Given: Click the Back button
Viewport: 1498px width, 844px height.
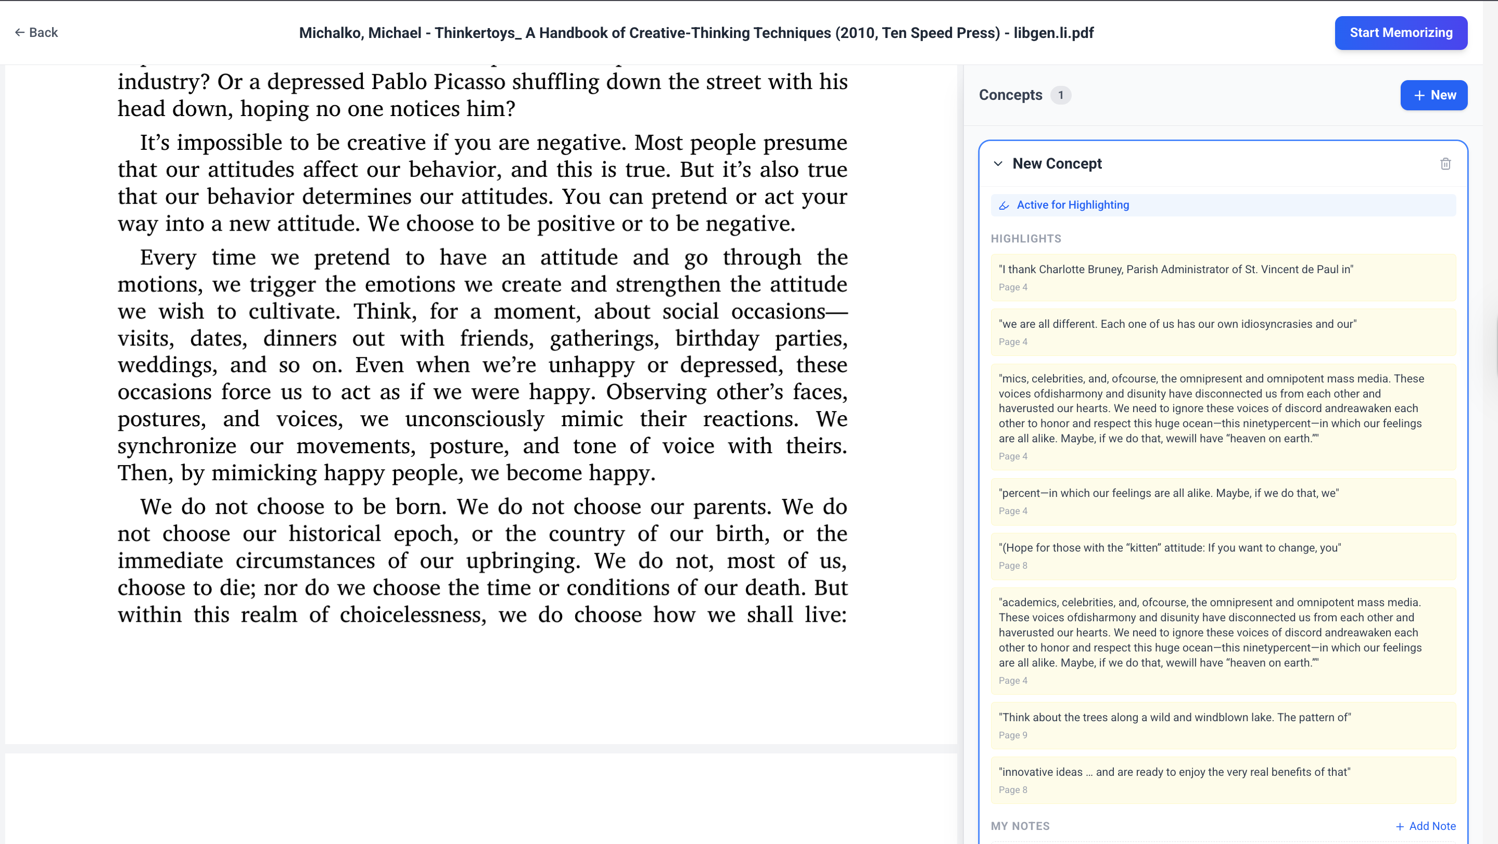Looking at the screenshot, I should [36, 33].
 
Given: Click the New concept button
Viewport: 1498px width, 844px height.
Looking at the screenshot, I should [1433, 95].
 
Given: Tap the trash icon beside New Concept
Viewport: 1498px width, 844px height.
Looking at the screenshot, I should [1445, 164].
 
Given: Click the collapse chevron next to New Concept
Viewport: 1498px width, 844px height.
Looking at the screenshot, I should [998, 164].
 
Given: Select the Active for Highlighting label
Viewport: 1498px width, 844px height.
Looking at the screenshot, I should [1072, 205].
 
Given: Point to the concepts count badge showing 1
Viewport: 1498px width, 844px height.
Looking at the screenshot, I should [1060, 95].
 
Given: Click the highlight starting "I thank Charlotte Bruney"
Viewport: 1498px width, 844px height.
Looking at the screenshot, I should [1175, 270].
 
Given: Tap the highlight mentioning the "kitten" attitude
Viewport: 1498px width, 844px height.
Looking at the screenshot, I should [1170, 548].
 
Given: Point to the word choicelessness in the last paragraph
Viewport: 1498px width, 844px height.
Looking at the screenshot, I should [413, 615].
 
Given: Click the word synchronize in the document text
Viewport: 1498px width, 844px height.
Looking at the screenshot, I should [177, 446].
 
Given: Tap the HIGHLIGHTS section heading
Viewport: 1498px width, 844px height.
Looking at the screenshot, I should [1026, 239].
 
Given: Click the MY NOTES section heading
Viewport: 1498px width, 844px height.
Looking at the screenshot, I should [1020, 826].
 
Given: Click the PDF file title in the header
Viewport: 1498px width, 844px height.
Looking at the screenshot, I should [696, 33].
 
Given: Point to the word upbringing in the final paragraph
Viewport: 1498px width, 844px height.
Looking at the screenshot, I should [522, 561].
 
